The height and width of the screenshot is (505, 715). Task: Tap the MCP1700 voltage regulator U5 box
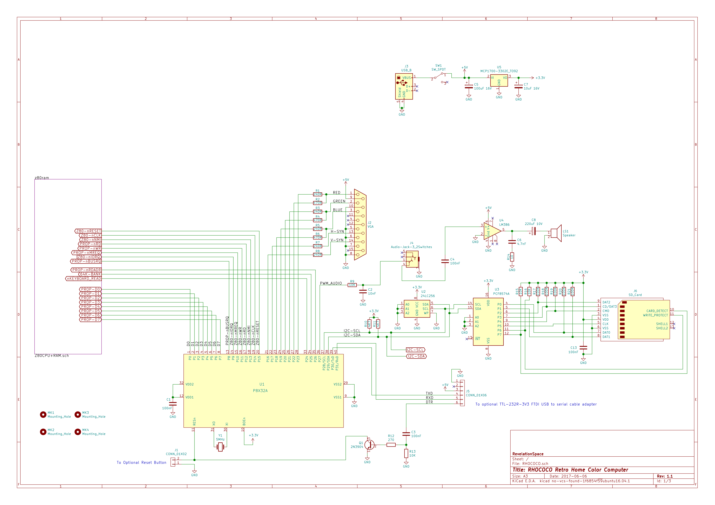click(499, 81)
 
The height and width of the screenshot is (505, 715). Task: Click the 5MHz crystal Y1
click(220, 447)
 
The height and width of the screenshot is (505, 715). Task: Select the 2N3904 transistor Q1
click(369, 445)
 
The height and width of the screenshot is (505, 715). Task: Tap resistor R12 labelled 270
click(391, 445)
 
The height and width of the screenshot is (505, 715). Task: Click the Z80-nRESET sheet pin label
click(88, 231)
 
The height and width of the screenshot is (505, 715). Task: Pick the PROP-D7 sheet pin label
click(90, 320)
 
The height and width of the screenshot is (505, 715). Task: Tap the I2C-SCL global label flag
click(416, 350)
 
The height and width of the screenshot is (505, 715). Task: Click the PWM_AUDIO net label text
click(331, 283)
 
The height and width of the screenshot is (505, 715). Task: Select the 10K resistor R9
click(352, 285)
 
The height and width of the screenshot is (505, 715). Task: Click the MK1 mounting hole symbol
click(43, 415)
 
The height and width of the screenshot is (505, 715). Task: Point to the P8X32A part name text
click(260, 391)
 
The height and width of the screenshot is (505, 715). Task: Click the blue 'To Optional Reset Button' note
click(141, 462)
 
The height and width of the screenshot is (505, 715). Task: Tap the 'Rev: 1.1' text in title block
click(665, 476)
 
